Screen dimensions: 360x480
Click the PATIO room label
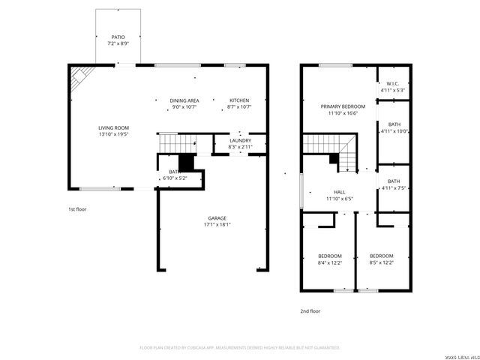(118, 36)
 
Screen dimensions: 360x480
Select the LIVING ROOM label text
(114, 127)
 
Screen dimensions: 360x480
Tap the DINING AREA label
(184, 100)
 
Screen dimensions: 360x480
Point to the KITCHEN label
(239, 100)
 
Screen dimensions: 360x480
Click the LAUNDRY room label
(240, 140)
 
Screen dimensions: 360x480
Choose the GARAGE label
(217, 218)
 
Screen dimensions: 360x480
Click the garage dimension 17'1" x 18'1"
(217, 224)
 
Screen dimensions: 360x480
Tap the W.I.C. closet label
(393, 84)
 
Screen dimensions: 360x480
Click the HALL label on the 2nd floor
(339, 192)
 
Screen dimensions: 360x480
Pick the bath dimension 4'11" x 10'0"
(393, 131)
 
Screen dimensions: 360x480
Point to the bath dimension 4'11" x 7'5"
(393, 187)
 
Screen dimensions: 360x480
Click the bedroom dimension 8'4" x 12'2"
(329, 262)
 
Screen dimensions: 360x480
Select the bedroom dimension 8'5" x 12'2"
(382, 262)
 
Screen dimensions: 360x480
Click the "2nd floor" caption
(310, 310)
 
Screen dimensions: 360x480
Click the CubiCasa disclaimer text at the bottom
(240, 347)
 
